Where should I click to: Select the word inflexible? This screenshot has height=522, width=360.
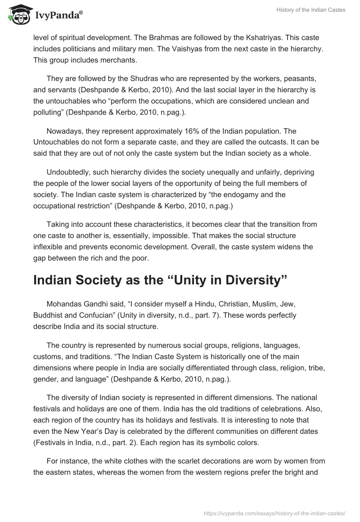tap(49, 246)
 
